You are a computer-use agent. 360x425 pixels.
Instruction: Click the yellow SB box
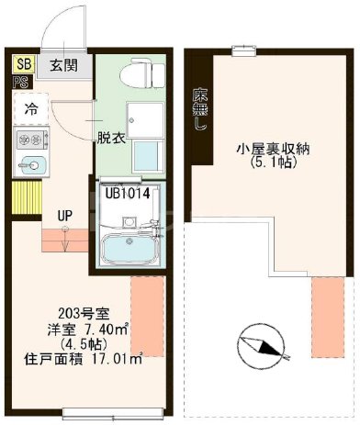21,64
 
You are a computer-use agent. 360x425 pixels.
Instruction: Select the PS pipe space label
20,81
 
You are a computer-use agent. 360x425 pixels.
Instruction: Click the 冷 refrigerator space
30,109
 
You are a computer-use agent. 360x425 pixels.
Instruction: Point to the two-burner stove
29,140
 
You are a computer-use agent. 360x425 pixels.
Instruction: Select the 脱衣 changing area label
110,139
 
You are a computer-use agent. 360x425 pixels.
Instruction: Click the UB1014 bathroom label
127,193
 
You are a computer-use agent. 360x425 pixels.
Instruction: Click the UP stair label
64,216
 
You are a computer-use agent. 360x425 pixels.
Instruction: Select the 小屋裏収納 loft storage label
271,150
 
